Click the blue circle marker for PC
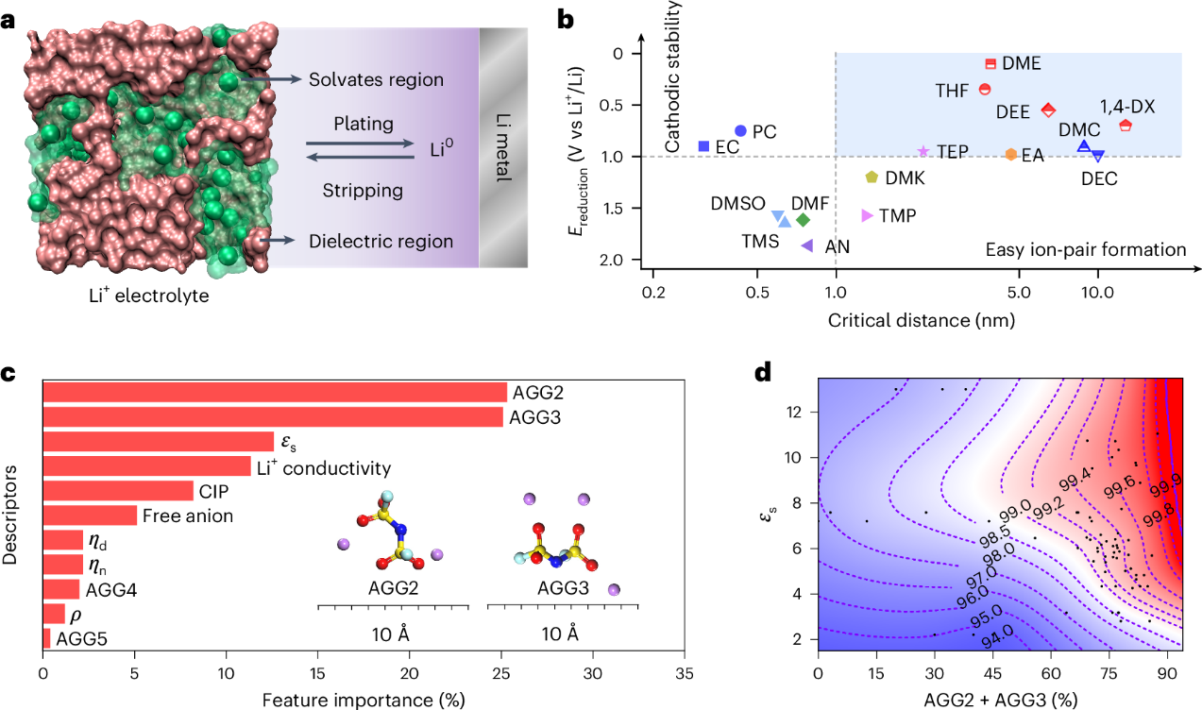[x=740, y=130]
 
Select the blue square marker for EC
[x=703, y=146]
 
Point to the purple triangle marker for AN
[x=807, y=245]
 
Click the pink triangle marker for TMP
[x=867, y=215]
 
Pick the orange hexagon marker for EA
[x=1010, y=154]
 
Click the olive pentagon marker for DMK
[x=872, y=177]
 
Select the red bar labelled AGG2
[x=275, y=392]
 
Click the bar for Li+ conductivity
[x=146, y=465]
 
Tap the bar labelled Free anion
[x=90, y=515]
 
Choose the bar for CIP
[x=118, y=490]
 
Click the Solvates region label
[x=376, y=79]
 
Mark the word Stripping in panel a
[x=362, y=191]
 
